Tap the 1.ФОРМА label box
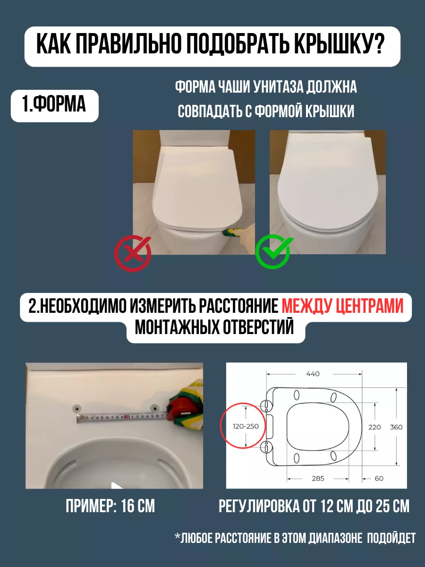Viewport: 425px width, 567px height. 54,106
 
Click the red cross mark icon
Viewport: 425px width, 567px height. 133,253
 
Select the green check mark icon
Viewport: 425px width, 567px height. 273,251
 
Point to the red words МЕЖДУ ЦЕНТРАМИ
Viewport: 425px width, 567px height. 342,306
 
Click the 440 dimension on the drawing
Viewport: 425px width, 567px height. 313,374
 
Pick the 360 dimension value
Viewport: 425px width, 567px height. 396,428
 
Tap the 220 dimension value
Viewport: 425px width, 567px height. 374,428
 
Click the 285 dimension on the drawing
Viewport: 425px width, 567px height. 318,479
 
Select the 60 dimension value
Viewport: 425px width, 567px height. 379,479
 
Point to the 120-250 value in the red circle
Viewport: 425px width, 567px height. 246,426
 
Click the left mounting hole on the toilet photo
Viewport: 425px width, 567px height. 76,408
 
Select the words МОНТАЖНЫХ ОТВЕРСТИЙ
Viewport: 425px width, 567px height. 214,327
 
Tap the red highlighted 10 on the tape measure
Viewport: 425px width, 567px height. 127,416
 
